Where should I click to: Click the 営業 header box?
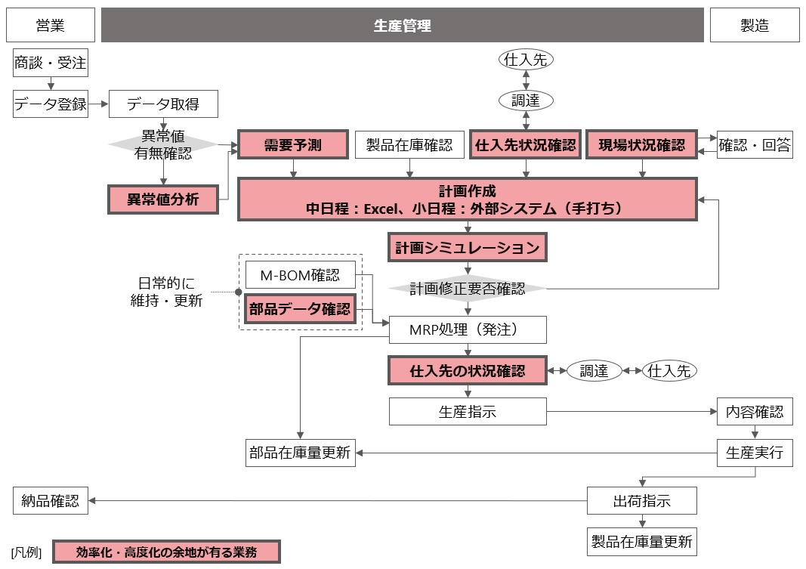click(x=51, y=26)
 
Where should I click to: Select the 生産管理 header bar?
click(x=402, y=26)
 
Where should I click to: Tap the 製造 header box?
click(x=754, y=26)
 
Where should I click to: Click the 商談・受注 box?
click(x=51, y=63)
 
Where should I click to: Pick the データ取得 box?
click(x=163, y=104)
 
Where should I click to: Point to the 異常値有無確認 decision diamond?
click(x=163, y=145)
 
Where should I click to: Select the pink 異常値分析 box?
click(x=163, y=199)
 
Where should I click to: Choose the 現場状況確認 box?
click(x=641, y=145)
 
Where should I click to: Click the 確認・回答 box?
click(x=754, y=145)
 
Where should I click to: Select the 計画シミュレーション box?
click(x=467, y=247)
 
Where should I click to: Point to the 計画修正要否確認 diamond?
click(x=467, y=289)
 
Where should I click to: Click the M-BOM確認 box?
click(x=300, y=275)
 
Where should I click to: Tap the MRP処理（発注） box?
click(x=467, y=329)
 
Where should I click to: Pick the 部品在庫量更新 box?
click(x=300, y=453)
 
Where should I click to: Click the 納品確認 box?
click(x=51, y=500)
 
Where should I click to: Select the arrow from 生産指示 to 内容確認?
click(x=631, y=412)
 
